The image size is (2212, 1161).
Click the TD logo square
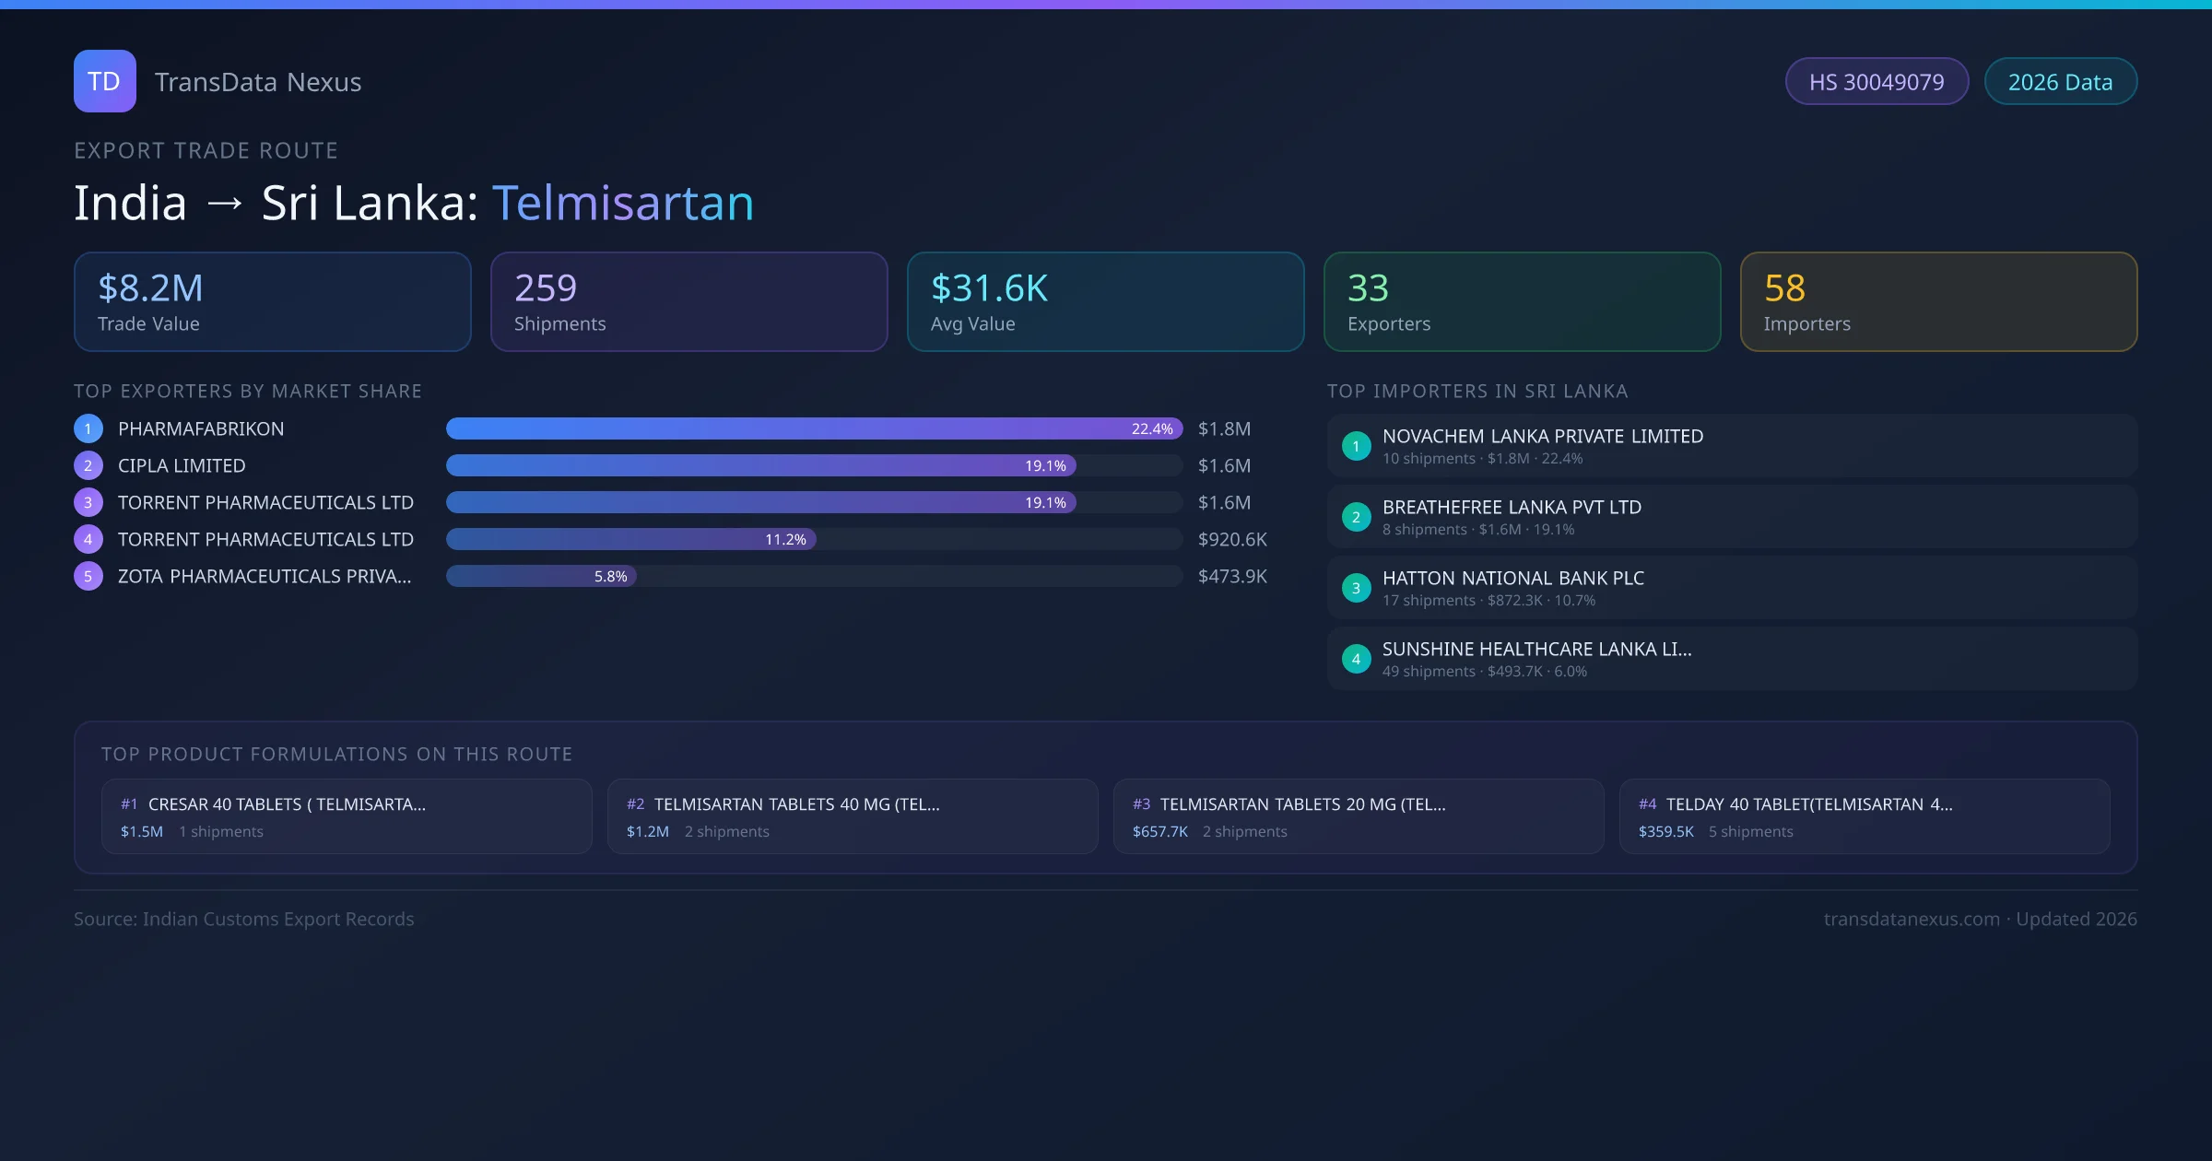tap(104, 81)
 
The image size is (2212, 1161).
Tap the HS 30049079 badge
tap(1876, 82)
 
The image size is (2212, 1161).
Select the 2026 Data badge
tap(2060, 82)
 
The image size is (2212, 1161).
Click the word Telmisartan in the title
tap(623, 203)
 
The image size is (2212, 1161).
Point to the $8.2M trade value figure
tap(150, 288)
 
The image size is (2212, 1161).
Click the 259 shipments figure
tap(546, 288)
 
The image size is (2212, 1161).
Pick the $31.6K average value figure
tap(989, 288)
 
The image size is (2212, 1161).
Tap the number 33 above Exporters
tap(1368, 288)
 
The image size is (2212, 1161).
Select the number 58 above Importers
tap(1784, 288)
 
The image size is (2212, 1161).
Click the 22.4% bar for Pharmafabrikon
tap(814, 428)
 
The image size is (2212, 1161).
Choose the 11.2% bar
tap(630, 539)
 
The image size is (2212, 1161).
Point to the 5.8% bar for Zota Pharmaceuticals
tap(541, 576)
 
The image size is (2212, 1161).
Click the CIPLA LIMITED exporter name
tap(182, 465)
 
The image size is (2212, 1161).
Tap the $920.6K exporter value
tap(1232, 539)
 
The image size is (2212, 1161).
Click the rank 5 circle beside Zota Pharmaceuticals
tap(88, 576)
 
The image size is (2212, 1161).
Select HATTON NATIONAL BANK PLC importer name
tap(1512, 578)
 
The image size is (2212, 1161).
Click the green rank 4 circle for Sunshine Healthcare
tap(1356, 659)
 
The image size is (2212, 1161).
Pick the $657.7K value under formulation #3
tap(1159, 831)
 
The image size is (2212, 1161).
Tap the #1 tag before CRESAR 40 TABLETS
tap(129, 804)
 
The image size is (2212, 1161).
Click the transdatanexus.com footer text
tap(1912, 919)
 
